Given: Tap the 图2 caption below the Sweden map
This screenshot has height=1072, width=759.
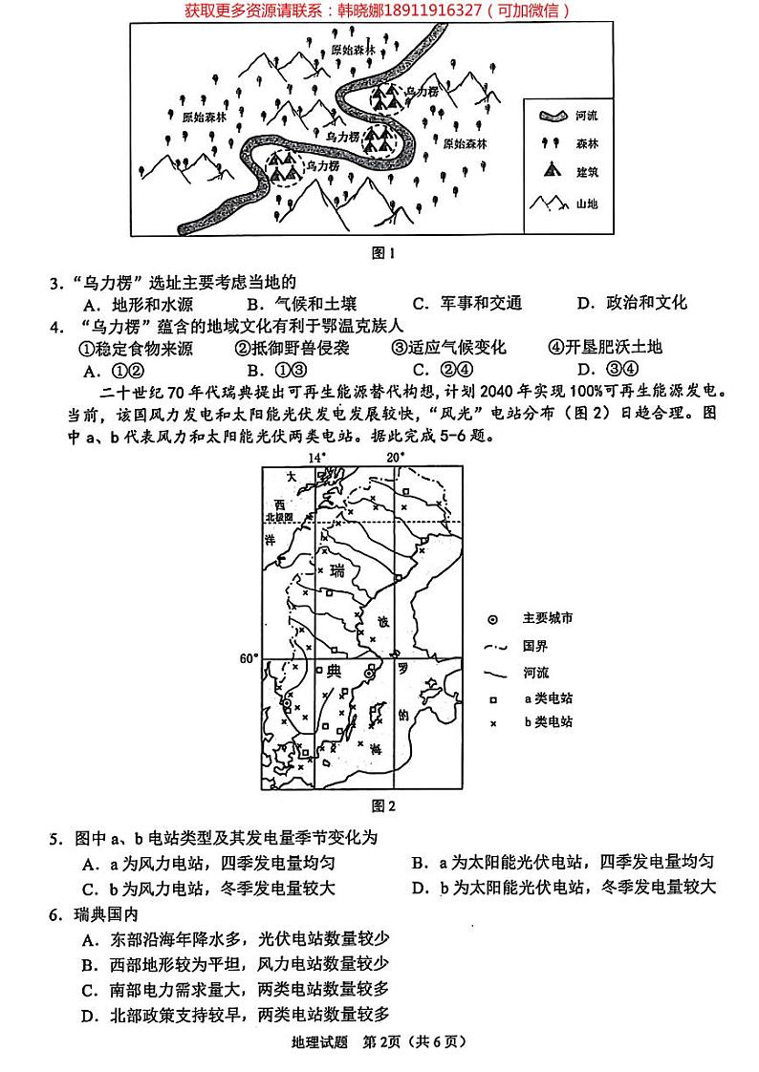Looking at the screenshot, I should click(x=382, y=805).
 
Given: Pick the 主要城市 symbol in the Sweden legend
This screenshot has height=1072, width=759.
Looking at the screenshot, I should click(x=493, y=618).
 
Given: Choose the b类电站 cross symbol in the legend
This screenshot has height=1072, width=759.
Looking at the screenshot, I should click(x=493, y=723).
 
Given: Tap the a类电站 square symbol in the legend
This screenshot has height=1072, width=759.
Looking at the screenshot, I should click(x=493, y=698).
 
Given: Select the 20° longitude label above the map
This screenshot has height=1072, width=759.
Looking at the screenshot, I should click(x=395, y=457).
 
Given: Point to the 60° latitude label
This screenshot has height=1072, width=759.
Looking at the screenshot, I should click(x=249, y=658).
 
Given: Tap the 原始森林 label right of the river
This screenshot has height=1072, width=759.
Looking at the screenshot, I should click(x=466, y=143).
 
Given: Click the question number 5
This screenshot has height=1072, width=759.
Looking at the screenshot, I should click(x=55, y=839).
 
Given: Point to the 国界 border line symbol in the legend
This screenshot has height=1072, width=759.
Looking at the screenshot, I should click(x=493, y=645).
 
